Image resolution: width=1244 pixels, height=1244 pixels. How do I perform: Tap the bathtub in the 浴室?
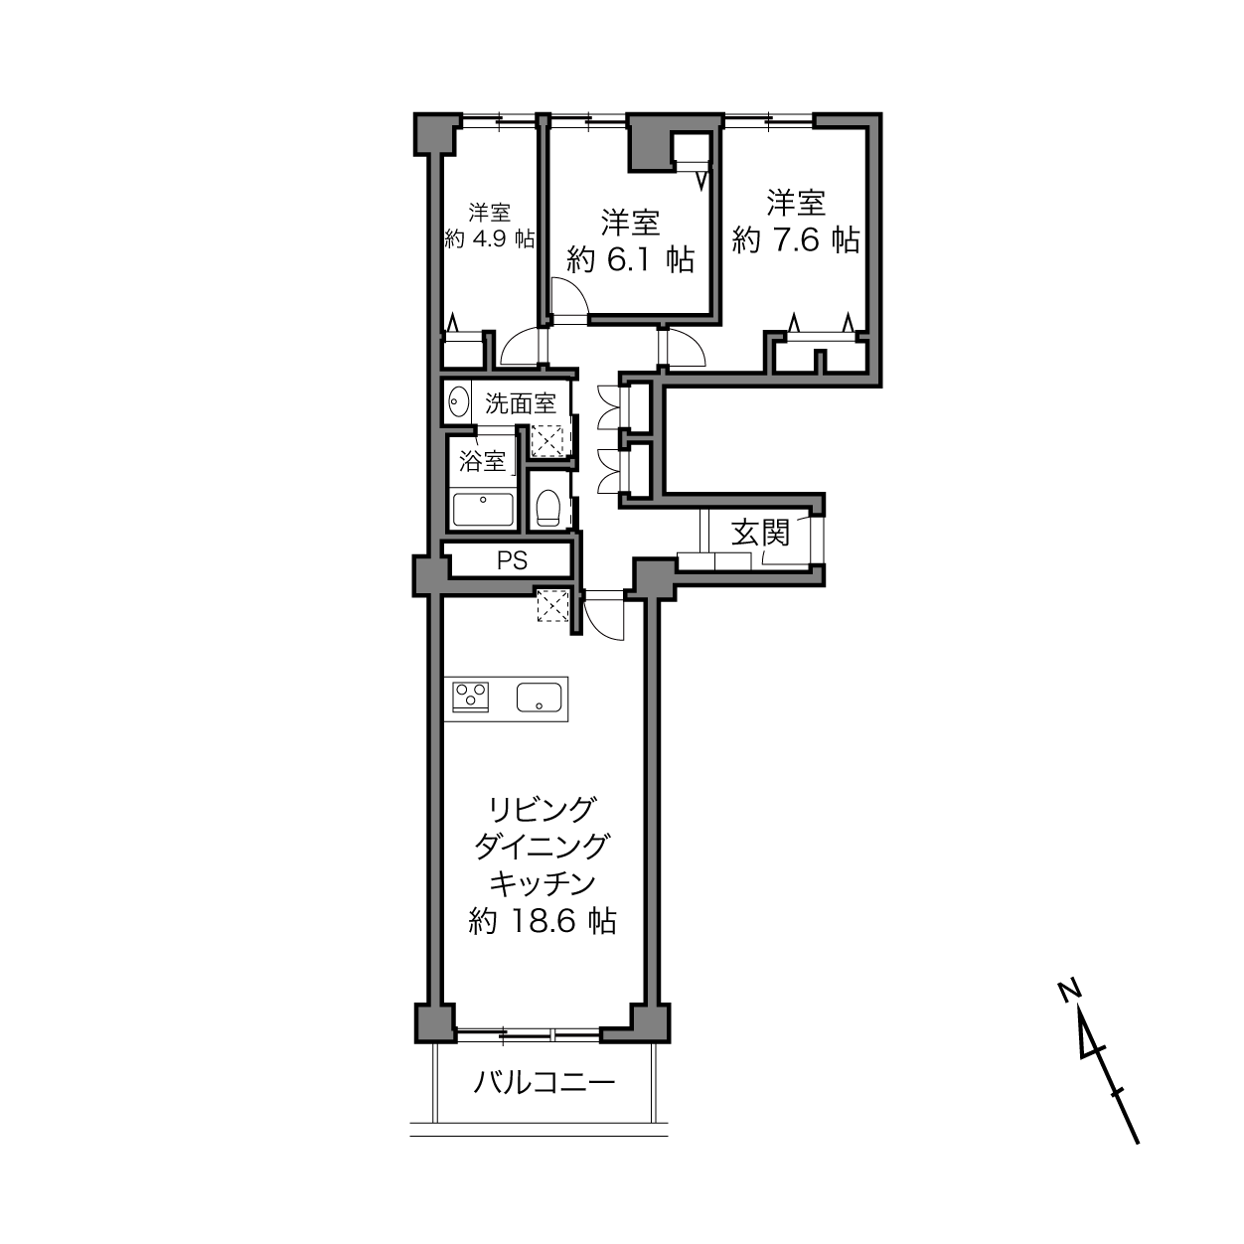(x=483, y=510)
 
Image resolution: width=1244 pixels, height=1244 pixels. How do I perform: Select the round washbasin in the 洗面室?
(x=458, y=403)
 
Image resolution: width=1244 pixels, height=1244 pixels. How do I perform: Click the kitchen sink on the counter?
(x=540, y=698)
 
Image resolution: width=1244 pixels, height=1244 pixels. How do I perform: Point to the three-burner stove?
(x=471, y=698)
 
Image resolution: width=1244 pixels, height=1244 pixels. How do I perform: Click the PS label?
(x=512, y=560)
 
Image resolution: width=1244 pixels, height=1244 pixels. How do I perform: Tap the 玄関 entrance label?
(x=760, y=534)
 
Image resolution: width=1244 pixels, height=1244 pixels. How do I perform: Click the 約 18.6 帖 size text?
(x=543, y=921)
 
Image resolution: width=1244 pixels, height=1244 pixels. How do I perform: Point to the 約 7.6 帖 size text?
(x=795, y=240)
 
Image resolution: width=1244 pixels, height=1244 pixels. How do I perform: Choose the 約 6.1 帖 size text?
(x=630, y=259)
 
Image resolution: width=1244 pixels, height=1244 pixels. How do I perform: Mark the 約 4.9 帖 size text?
(x=489, y=238)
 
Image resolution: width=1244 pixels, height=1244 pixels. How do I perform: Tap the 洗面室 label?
(x=521, y=403)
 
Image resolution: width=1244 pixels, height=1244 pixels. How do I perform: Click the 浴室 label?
(x=482, y=461)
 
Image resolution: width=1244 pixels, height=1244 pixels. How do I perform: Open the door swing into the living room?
(x=603, y=615)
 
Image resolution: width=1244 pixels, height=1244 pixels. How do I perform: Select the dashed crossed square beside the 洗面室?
(x=547, y=441)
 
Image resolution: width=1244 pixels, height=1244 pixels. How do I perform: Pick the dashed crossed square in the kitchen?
(x=552, y=605)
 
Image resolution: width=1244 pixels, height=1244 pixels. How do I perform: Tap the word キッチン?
(x=543, y=883)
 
